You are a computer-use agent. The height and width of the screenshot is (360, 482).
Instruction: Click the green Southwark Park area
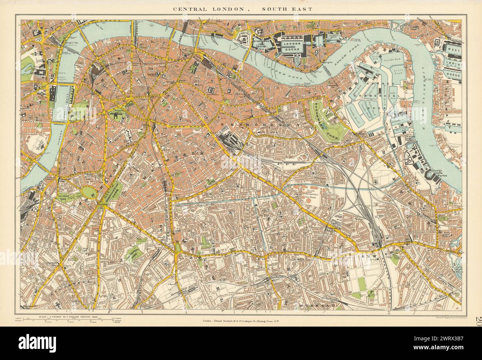(x=326, y=120)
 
